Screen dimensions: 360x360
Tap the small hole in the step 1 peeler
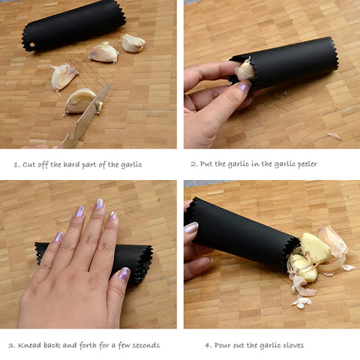click(32, 45)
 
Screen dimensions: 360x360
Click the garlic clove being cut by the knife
click(80, 100)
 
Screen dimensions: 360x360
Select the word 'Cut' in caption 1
click(28, 165)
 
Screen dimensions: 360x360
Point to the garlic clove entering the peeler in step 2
click(246, 70)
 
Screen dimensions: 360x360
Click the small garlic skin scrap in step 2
click(335, 136)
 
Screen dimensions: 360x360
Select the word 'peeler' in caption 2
click(307, 164)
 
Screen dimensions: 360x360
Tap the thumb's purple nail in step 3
click(124, 273)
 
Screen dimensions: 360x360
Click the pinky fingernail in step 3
click(59, 237)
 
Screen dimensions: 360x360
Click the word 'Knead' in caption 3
click(30, 345)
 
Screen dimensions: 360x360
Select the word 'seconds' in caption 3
click(145, 346)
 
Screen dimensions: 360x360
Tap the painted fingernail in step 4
click(191, 228)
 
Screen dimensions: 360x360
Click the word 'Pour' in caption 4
click(223, 346)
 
